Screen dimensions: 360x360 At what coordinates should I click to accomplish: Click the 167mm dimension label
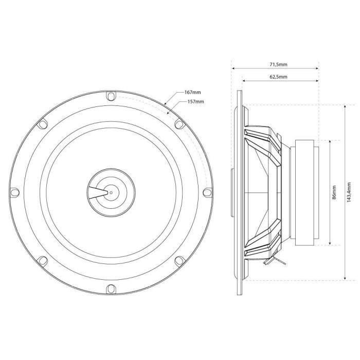192,93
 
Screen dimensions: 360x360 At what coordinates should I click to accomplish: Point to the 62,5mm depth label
278,77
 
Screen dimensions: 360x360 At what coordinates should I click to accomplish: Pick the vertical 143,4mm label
350,192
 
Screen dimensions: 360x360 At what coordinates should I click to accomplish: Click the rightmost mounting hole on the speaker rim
207,192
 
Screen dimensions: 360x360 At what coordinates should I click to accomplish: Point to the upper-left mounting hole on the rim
43,123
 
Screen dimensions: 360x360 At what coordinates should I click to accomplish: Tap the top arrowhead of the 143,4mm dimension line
344,105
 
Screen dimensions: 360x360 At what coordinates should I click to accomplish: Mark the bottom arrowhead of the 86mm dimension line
329,244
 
